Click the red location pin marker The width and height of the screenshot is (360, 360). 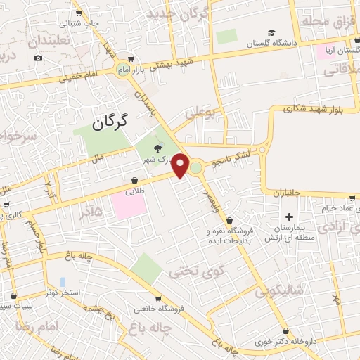click(181, 165)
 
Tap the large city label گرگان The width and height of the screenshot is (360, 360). click(110, 122)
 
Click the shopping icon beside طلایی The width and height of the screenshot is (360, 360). click(134, 180)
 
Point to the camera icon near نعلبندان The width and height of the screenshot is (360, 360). click(38, 57)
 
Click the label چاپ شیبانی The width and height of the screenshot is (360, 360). click(79, 22)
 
